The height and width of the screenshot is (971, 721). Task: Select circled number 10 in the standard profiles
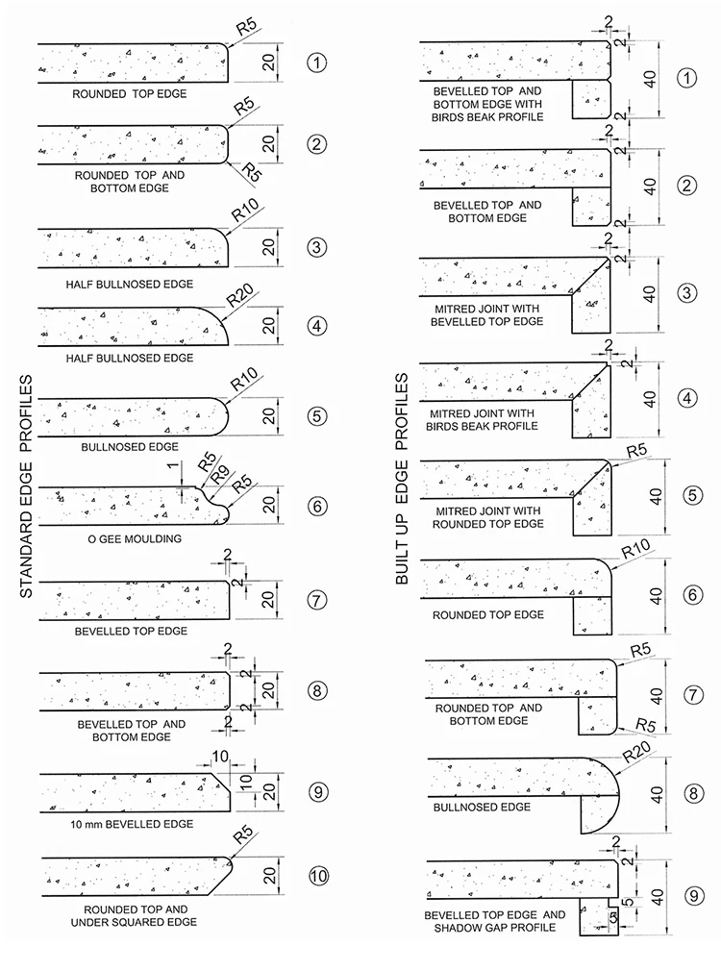(x=318, y=875)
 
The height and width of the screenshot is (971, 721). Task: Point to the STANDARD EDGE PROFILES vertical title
(x=27, y=485)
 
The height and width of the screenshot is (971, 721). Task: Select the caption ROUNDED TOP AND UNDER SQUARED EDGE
(x=135, y=915)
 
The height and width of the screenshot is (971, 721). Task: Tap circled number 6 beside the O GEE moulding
(x=318, y=503)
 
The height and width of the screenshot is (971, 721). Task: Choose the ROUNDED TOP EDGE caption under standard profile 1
(x=130, y=94)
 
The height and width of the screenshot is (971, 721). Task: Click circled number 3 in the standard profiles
(x=318, y=247)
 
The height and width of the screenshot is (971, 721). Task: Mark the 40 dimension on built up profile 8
(x=657, y=794)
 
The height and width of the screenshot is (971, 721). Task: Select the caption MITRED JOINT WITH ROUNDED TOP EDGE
(x=488, y=517)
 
